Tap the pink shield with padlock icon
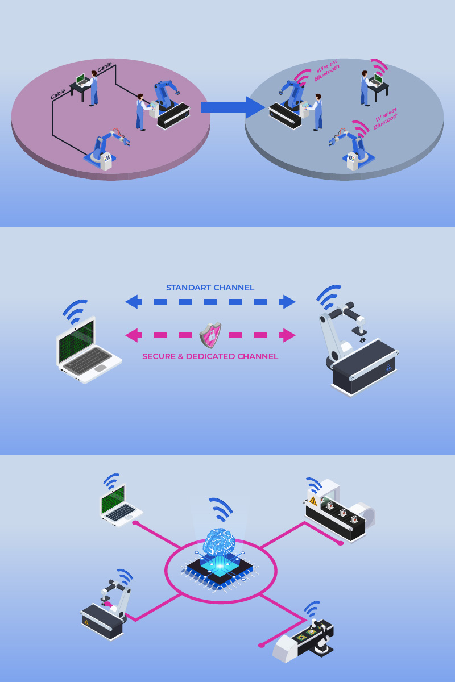click(x=210, y=335)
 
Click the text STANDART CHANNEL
click(x=210, y=288)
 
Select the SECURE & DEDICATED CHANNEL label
click(x=210, y=356)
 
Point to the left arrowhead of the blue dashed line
click(x=133, y=302)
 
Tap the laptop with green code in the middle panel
click(x=89, y=349)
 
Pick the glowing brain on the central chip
click(x=220, y=540)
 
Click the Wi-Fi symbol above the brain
click(x=221, y=509)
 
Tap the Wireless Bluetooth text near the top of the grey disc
click(x=326, y=71)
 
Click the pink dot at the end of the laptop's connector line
click(x=135, y=523)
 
